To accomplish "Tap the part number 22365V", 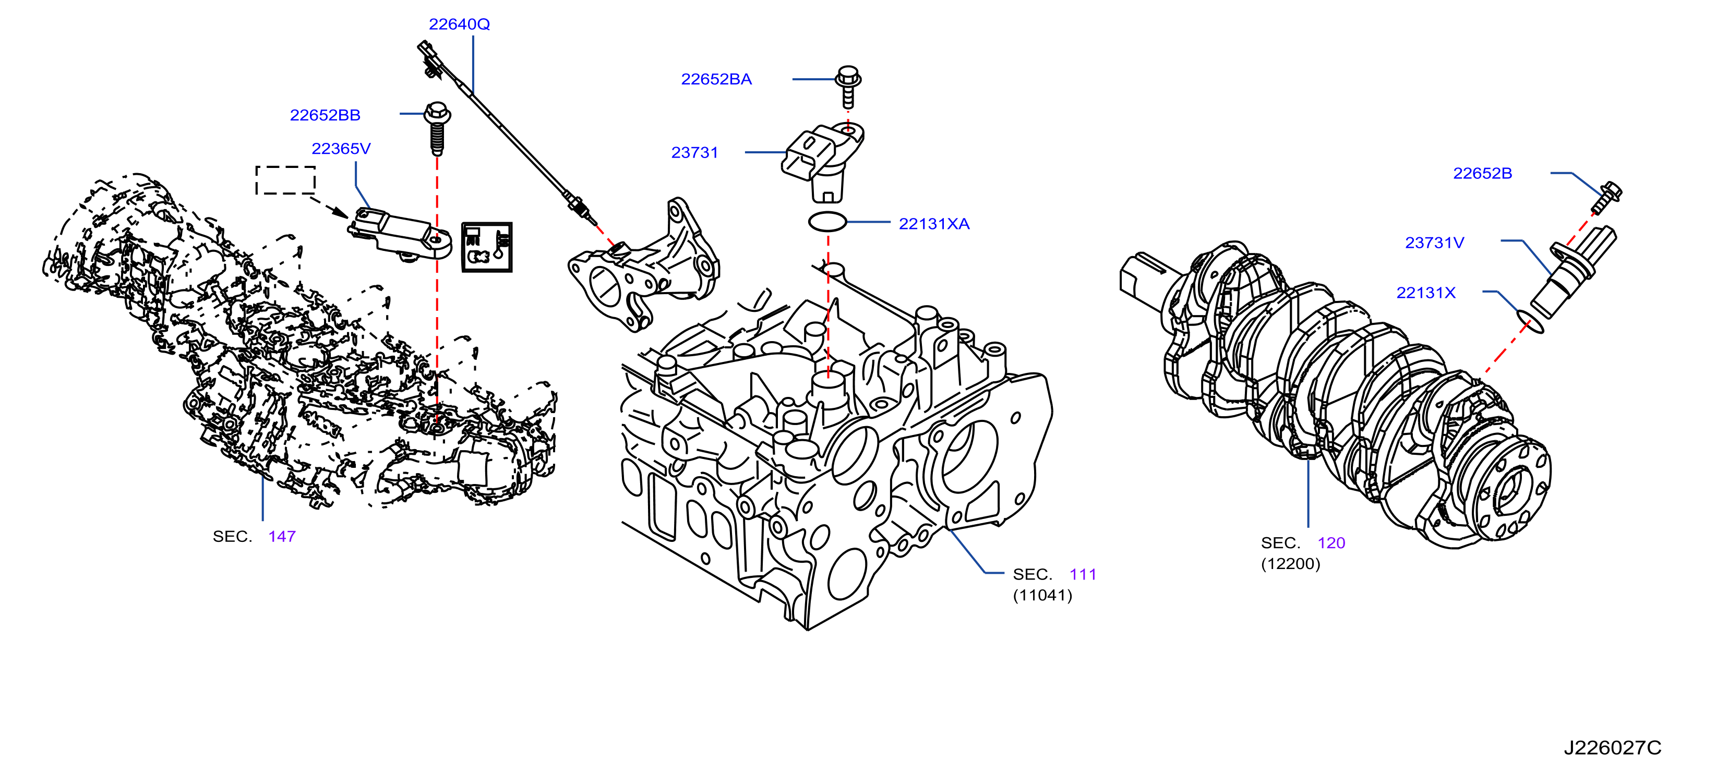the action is (x=341, y=149).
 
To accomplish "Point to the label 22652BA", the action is (x=716, y=79).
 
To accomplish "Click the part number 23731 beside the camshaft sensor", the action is (x=694, y=153).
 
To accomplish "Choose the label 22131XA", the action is (x=934, y=224).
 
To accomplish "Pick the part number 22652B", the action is (x=1482, y=174).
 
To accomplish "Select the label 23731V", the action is (x=1434, y=243).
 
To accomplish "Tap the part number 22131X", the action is (x=1425, y=293).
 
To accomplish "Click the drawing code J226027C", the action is (x=1612, y=747).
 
